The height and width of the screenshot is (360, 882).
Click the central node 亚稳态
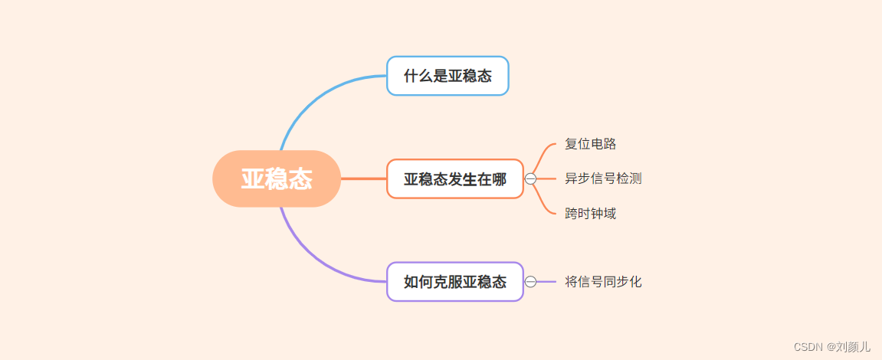277,178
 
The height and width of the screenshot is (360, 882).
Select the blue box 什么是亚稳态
448,76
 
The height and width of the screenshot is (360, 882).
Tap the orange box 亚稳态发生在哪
455,179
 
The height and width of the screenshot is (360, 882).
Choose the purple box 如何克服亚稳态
455,282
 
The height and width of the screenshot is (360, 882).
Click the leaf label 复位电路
590,144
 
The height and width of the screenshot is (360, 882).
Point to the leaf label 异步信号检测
603,178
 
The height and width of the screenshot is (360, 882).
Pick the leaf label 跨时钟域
590,214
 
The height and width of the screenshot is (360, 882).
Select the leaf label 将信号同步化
603,282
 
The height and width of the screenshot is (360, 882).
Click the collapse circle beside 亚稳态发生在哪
530,179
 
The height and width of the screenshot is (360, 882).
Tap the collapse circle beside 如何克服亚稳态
530,282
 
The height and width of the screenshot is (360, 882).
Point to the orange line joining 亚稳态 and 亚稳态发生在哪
363,178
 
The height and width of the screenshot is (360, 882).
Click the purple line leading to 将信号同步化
546,282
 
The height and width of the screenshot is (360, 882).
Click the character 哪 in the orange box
499,179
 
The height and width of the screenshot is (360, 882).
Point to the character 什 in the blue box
410,76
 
